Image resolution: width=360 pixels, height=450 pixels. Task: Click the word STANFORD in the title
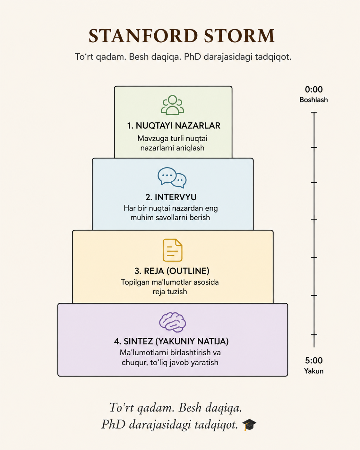pos(143,36)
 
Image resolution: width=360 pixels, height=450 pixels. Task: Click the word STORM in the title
pos(239,36)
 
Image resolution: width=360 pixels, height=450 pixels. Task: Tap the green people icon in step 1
pos(173,105)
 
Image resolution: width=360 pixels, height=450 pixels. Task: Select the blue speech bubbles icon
pos(172,177)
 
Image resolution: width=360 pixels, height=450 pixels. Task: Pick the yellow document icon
pos(173,250)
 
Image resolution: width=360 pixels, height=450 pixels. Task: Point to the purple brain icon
pos(173,322)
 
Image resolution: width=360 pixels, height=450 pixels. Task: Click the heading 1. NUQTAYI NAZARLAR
pos(174,126)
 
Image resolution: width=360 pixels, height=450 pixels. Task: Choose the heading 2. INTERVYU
pos(171,197)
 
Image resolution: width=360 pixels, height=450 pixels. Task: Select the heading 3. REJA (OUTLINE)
pos(172,271)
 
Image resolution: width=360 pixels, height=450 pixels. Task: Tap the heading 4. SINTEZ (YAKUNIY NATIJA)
pos(171,342)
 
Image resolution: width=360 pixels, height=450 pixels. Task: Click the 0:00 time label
pos(313,90)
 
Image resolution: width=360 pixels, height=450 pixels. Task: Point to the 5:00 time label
pos(313,360)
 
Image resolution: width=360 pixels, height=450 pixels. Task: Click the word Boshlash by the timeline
pos(313,100)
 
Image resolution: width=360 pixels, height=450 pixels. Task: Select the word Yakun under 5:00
pos(313,371)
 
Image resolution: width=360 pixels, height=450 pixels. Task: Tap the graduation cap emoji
pos(249,425)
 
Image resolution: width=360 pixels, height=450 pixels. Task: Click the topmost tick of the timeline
pos(314,112)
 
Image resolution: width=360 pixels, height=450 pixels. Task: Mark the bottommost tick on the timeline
pos(314,334)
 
